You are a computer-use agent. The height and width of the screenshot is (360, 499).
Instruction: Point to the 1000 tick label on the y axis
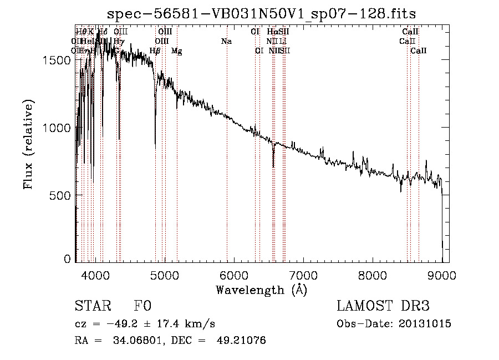pyautogui.click(x=58, y=128)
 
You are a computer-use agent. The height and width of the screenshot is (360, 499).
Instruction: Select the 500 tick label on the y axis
pyautogui.click(x=62, y=195)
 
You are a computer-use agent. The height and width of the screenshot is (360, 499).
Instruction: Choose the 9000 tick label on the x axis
pyautogui.click(x=442, y=274)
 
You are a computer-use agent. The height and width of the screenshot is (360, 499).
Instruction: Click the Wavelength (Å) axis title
pyautogui.click(x=261, y=290)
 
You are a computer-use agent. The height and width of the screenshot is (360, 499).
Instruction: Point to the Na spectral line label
pyautogui.click(x=226, y=42)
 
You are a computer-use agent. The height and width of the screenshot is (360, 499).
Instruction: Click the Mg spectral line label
pyautogui.click(x=176, y=51)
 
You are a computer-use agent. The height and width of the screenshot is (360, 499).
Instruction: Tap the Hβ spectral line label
pyautogui.click(x=155, y=51)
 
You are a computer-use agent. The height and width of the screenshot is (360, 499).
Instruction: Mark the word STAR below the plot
pyautogui.click(x=93, y=307)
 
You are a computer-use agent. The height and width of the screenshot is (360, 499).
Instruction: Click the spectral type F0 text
pyautogui.click(x=142, y=307)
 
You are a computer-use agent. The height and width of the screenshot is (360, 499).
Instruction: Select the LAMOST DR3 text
pyautogui.click(x=383, y=307)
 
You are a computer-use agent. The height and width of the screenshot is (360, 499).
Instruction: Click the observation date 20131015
pyautogui.click(x=427, y=324)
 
